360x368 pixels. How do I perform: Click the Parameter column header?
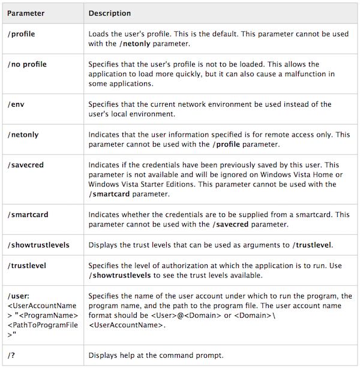pos(28,13)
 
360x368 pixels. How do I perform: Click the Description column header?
pos(110,13)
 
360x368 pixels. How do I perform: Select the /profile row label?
pos(22,34)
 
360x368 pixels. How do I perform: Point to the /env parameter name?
pos(16,104)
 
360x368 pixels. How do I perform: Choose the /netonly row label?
pos(23,135)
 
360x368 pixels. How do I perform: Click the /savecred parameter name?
pos(25,164)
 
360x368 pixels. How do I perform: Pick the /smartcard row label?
pos(27,214)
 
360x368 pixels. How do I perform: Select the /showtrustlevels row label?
pos(39,245)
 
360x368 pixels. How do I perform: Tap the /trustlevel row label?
pos(27,265)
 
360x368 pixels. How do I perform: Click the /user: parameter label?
pos(19,295)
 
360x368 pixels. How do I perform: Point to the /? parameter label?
pos(12,355)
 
